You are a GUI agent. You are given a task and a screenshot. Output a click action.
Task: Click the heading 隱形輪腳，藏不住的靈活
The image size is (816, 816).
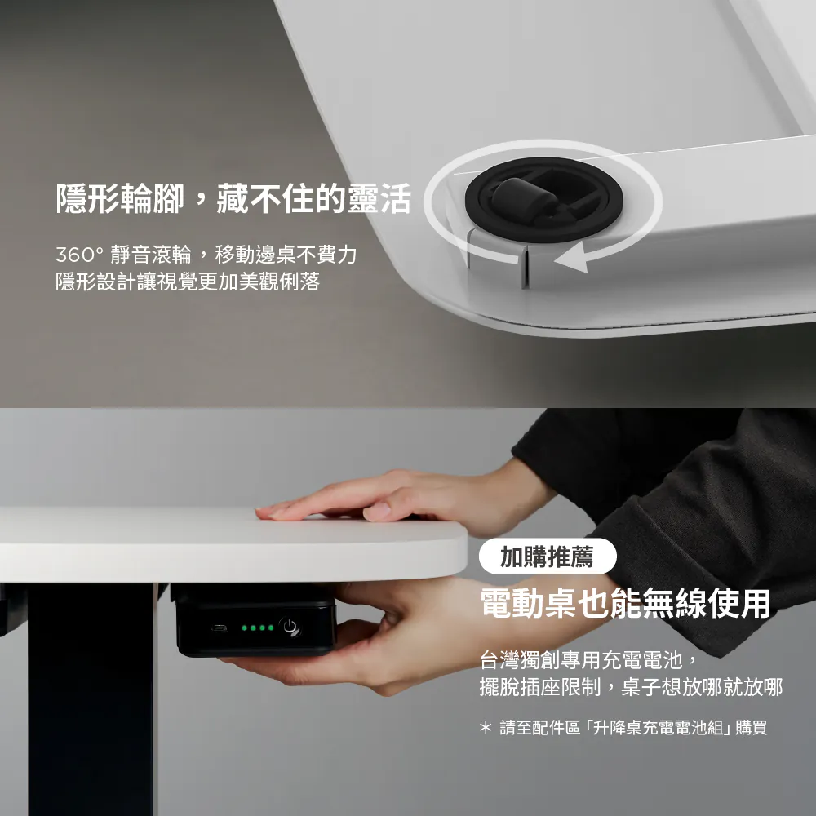coord(233,198)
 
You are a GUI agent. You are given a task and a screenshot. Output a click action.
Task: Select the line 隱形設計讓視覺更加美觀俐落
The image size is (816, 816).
coord(188,282)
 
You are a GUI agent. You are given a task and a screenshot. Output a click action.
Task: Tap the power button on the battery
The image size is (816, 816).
coord(290,626)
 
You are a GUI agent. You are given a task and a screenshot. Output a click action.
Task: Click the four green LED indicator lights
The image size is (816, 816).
coord(258,628)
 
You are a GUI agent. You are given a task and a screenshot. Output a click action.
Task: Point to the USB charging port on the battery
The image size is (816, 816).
coord(219,628)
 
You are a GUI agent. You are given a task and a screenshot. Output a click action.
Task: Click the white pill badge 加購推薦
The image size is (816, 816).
coord(548,557)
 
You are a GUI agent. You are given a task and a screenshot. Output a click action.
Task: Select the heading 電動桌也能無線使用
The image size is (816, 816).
coord(625,603)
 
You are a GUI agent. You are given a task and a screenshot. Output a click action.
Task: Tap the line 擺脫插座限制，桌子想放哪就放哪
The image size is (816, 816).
coord(631,687)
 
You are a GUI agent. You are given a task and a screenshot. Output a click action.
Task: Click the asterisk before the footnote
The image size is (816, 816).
coord(486,727)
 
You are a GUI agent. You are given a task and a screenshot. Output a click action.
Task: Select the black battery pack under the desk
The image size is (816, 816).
coord(254,620)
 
